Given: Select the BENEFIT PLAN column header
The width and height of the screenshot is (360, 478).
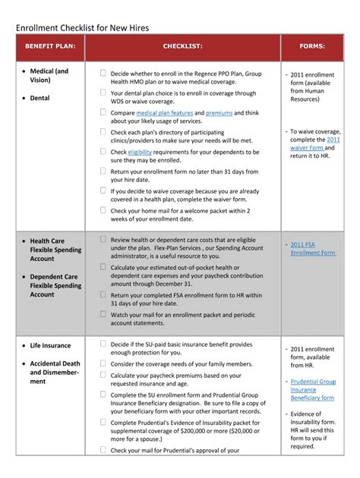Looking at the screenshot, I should coord(49,46).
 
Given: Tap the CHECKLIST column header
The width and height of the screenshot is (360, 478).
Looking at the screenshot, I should coord(182,46).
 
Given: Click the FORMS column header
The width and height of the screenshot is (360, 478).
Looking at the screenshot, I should coord(312,46).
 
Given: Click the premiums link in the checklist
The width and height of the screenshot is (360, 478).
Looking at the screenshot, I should coord(219,113).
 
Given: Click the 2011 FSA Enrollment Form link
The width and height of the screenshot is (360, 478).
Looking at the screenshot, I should coord(312,248).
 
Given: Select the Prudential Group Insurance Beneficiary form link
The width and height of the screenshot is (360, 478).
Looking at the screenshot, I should coord(312,389).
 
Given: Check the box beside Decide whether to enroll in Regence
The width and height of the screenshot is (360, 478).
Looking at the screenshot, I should coord(103,74).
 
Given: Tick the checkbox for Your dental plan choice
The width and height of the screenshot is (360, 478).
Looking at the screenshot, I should coord(103,93).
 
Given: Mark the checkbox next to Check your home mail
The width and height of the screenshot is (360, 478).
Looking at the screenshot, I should coord(103,210).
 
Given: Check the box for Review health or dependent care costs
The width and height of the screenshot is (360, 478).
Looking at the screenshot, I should coord(103,239).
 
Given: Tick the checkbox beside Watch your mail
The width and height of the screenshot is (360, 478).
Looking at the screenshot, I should coord(103,313).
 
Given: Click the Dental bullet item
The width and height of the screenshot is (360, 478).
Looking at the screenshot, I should coord(39,98).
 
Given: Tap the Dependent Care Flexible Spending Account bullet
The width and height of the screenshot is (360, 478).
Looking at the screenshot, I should coord(55,285).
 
